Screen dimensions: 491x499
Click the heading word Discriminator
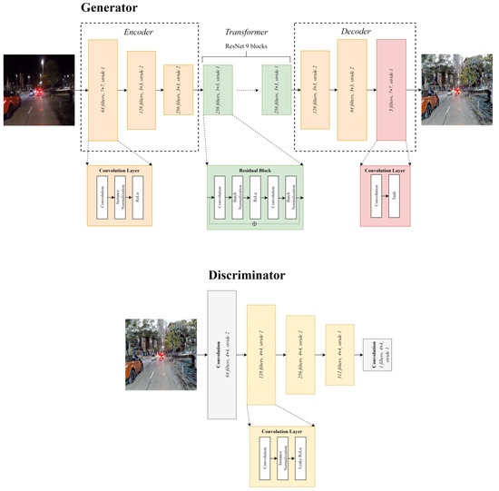click(132, 274)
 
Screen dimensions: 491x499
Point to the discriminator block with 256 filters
click(300, 354)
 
